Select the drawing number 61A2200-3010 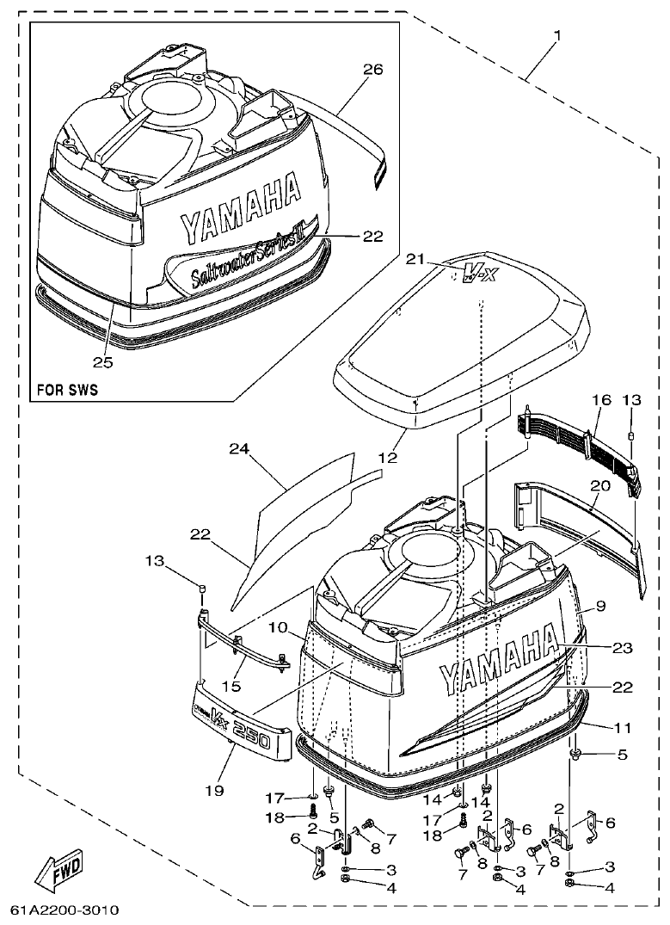[65, 910]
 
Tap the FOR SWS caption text [67, 389]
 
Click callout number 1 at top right [557, 35]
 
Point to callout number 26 [372, 70]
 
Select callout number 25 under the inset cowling [102, 361]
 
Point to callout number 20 [600, 486]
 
